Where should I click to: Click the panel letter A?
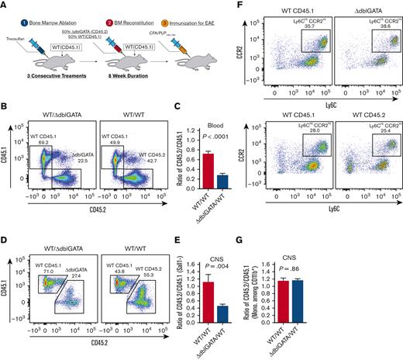[5, 5]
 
